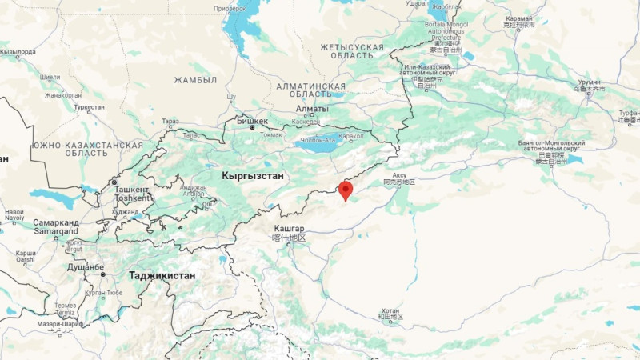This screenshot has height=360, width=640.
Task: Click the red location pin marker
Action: click(346, 190)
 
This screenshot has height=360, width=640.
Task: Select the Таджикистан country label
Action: click(162, 276)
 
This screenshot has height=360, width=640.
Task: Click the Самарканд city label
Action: click(55, 222)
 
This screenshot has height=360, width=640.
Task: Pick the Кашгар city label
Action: click(290, 229)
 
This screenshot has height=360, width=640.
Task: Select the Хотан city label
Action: click(390, 310)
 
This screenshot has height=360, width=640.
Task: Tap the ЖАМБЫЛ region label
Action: click(195, 80)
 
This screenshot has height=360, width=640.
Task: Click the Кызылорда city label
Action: click(18, 52)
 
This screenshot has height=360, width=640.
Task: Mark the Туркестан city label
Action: click(88, 107)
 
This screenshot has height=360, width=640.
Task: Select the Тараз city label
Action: click(170, 122)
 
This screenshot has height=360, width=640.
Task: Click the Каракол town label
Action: click(351, 136)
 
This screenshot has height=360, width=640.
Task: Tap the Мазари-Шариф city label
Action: click(58, 324)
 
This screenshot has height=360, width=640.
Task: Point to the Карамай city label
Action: click(519, 17)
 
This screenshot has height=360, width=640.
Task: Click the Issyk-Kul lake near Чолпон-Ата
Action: click(320, 147)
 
